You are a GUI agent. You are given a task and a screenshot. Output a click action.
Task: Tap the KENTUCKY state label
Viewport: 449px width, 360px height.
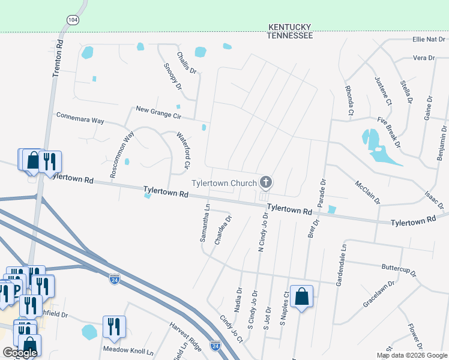[x=290, y=27]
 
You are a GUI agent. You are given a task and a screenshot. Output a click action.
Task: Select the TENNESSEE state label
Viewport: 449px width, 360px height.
[x=290, y=36]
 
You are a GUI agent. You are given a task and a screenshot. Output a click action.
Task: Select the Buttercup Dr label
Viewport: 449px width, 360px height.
[x=399, y=269]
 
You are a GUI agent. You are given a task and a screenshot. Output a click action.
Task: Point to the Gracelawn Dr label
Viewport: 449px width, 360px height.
[x=379, y=292]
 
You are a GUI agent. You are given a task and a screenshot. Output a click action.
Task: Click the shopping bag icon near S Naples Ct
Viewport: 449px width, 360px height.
[x=302, y=296]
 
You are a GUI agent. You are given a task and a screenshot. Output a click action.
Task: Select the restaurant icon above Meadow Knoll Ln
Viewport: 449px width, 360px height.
[x=114, y=326]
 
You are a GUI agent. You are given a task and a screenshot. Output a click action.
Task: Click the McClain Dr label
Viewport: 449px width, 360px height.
[x=367, y=193]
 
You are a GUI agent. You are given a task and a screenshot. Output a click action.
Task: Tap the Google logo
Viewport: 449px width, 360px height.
[x=20, y=353]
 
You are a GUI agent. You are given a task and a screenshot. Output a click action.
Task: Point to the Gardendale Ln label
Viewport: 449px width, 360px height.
[x=343, y=262]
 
